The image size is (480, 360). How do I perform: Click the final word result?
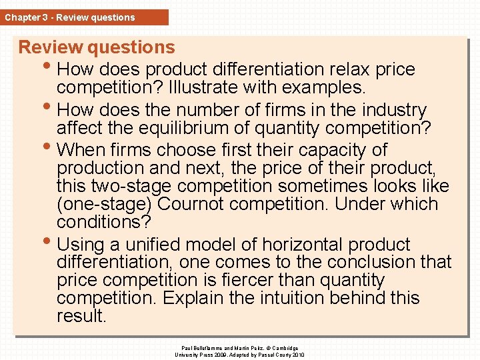click(81, 315)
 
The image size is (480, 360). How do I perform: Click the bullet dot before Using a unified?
click(51, 242)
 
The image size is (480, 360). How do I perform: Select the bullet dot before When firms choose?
click(51, 147)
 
